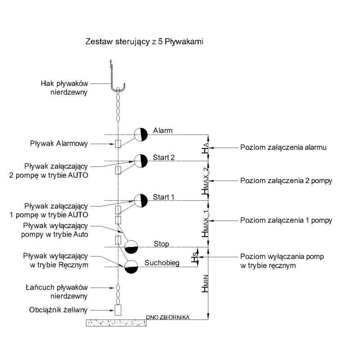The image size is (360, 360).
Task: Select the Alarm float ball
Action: (x=141, y=134)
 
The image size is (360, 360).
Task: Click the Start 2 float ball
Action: (x=141, y=161)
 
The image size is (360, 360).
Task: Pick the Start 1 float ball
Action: (x=141, y=201)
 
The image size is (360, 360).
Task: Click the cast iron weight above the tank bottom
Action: (x=118, y=310)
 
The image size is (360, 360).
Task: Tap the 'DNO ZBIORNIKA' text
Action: (x=167, y=317)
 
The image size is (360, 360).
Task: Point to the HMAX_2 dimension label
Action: (x=205, y=180)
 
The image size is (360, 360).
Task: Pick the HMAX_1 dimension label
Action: (x=205, y=224)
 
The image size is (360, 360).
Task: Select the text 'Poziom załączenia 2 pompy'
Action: (x=286, y=181)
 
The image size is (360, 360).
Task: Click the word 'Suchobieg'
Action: (x=162, y=263)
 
